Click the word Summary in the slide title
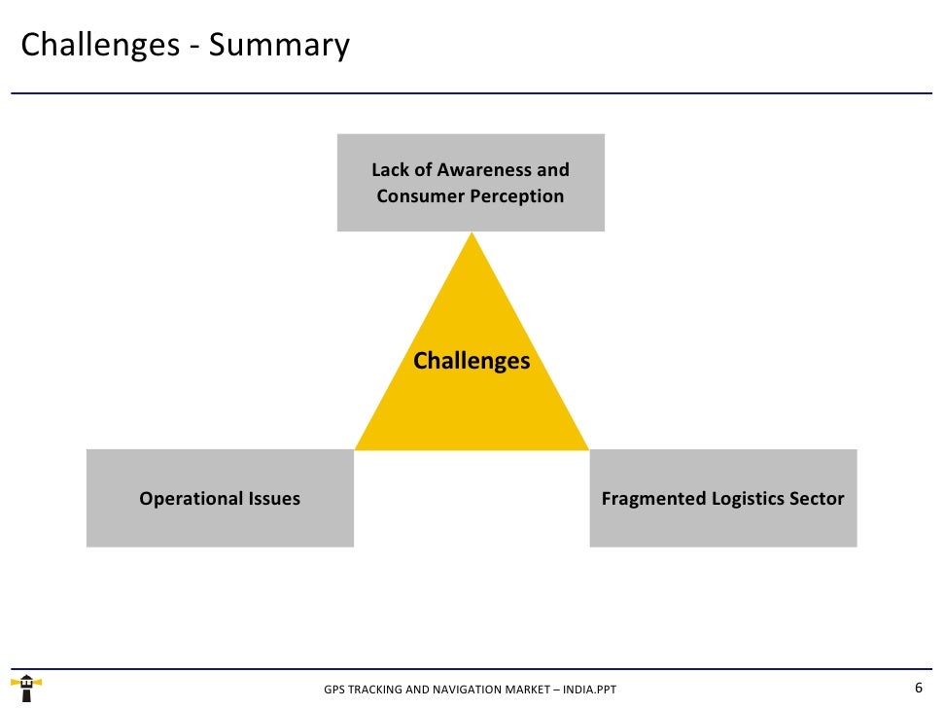(x=279, y=46)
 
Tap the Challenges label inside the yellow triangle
(x=472, y=361)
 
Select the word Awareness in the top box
(x=484, y=169)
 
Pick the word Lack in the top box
(x=390, y=169)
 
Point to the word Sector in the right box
(x=819, y=499)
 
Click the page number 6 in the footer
(x=919, y=688)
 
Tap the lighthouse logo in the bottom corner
(x=27, y=688)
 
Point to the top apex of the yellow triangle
(x=472, y=234)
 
